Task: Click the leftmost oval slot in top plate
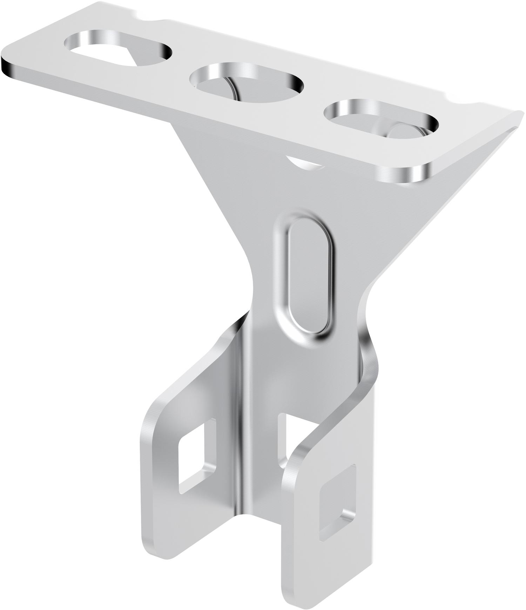pos(117,49)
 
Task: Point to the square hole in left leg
pos(196,456)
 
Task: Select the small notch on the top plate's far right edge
pos(456,100)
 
